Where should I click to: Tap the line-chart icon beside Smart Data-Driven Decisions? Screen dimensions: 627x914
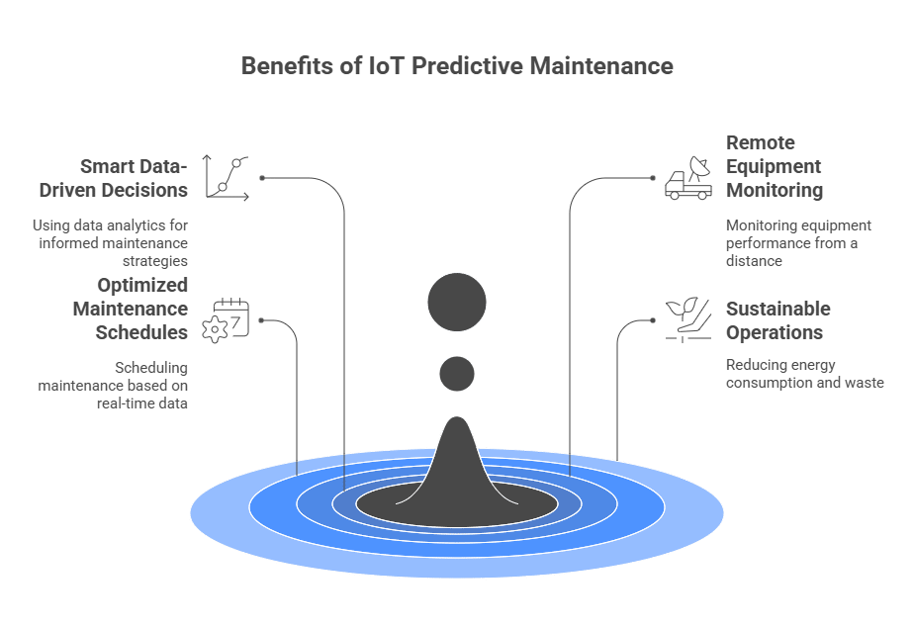[x=227, y=178]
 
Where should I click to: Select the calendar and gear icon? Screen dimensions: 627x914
[x=226, y=320]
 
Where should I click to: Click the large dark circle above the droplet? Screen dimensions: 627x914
[x=457, y=302]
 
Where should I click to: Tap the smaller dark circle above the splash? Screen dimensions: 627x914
[x=457, y=373]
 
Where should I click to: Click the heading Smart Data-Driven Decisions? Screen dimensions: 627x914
[x=135, y=178]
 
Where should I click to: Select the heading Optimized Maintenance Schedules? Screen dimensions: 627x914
[x=130, y=309]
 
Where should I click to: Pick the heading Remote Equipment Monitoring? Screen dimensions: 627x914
[x=774, y=166]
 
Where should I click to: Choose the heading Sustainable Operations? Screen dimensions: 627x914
[x=778, y=320]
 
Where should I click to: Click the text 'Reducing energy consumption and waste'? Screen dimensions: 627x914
[x=804, y=374]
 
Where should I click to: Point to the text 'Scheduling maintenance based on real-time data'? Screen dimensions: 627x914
[x=113, y=385]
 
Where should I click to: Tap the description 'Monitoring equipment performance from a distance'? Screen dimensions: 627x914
[x=798, y=243]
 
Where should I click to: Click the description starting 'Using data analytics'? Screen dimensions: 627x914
[x=110, y=243]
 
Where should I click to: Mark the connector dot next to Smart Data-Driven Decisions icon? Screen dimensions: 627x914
[x=262, y=178]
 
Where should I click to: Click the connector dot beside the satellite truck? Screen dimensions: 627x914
[x=652, y=178]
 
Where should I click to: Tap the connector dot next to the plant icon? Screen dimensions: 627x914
[x=652, y=319]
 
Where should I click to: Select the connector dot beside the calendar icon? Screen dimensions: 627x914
[x=262, y=320]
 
